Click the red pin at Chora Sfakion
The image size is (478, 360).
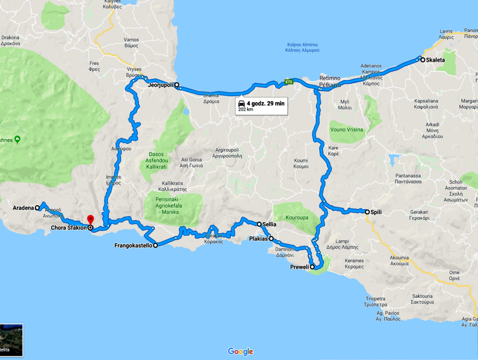coord(90,220)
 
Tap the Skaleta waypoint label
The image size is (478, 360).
coord(436,60)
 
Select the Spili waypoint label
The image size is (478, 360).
coord(377,212)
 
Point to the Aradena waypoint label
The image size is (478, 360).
coord(23,208)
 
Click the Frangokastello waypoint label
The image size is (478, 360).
coord(133,246)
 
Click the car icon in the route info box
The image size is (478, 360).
coord(241,104)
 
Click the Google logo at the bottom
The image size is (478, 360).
coord(240,352)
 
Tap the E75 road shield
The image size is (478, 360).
coord(290,81)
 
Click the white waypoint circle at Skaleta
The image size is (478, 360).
coord(422,60)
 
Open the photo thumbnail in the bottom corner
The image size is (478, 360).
coord(11,341)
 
